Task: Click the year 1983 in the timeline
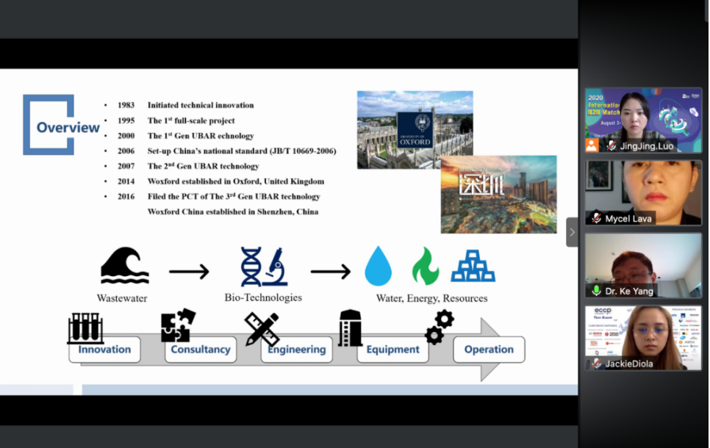click(x=126, y=106)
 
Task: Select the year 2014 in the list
click(x=126, y=181)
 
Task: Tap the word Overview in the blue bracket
click(x=68, y=127)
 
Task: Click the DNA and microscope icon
click(x=262, y=267)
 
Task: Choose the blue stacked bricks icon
click(x=473, y=267)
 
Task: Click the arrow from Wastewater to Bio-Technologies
click(x=189, y=272)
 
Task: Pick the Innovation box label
click(x=104, y=350)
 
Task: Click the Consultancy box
click(x=201, y=350)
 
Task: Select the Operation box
click(x=489, y=350)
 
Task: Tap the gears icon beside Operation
click(x=440, y=327)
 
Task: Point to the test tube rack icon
click(x=85, y=328)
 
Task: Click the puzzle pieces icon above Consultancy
click(x=178, y=326)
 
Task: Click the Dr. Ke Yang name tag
click(x=630, y=291)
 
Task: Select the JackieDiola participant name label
click(x=631, y=364)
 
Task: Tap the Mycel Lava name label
click(x=628, y=218)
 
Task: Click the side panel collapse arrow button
click(x=572, y=232)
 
